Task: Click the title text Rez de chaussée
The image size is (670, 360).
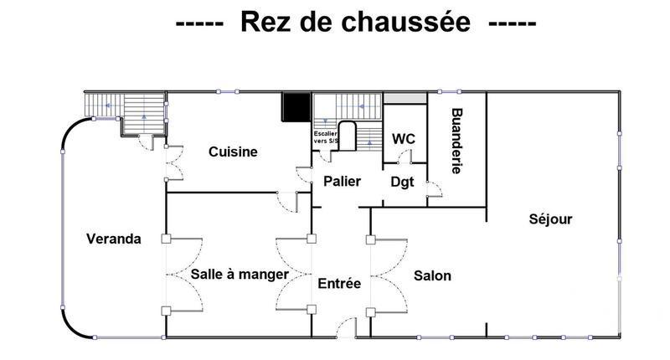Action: [356, 23]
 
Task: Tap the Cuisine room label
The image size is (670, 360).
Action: [233, 152]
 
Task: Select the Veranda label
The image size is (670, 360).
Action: [114, 239]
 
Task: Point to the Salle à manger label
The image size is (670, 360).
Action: [240, 275]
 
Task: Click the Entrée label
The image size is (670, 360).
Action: [339, 285]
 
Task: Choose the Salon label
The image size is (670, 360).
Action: [433, 275]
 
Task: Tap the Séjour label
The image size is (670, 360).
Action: [550, 220]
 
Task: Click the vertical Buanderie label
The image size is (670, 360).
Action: [457, 141]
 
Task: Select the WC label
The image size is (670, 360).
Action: [405, 138]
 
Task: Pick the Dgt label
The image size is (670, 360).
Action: [402, 182]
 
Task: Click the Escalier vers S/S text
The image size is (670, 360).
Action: [325, 137]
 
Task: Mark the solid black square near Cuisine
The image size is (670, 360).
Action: [295, 107]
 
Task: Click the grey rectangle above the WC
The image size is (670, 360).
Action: [405, 99]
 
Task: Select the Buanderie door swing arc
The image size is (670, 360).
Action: [434, 192]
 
